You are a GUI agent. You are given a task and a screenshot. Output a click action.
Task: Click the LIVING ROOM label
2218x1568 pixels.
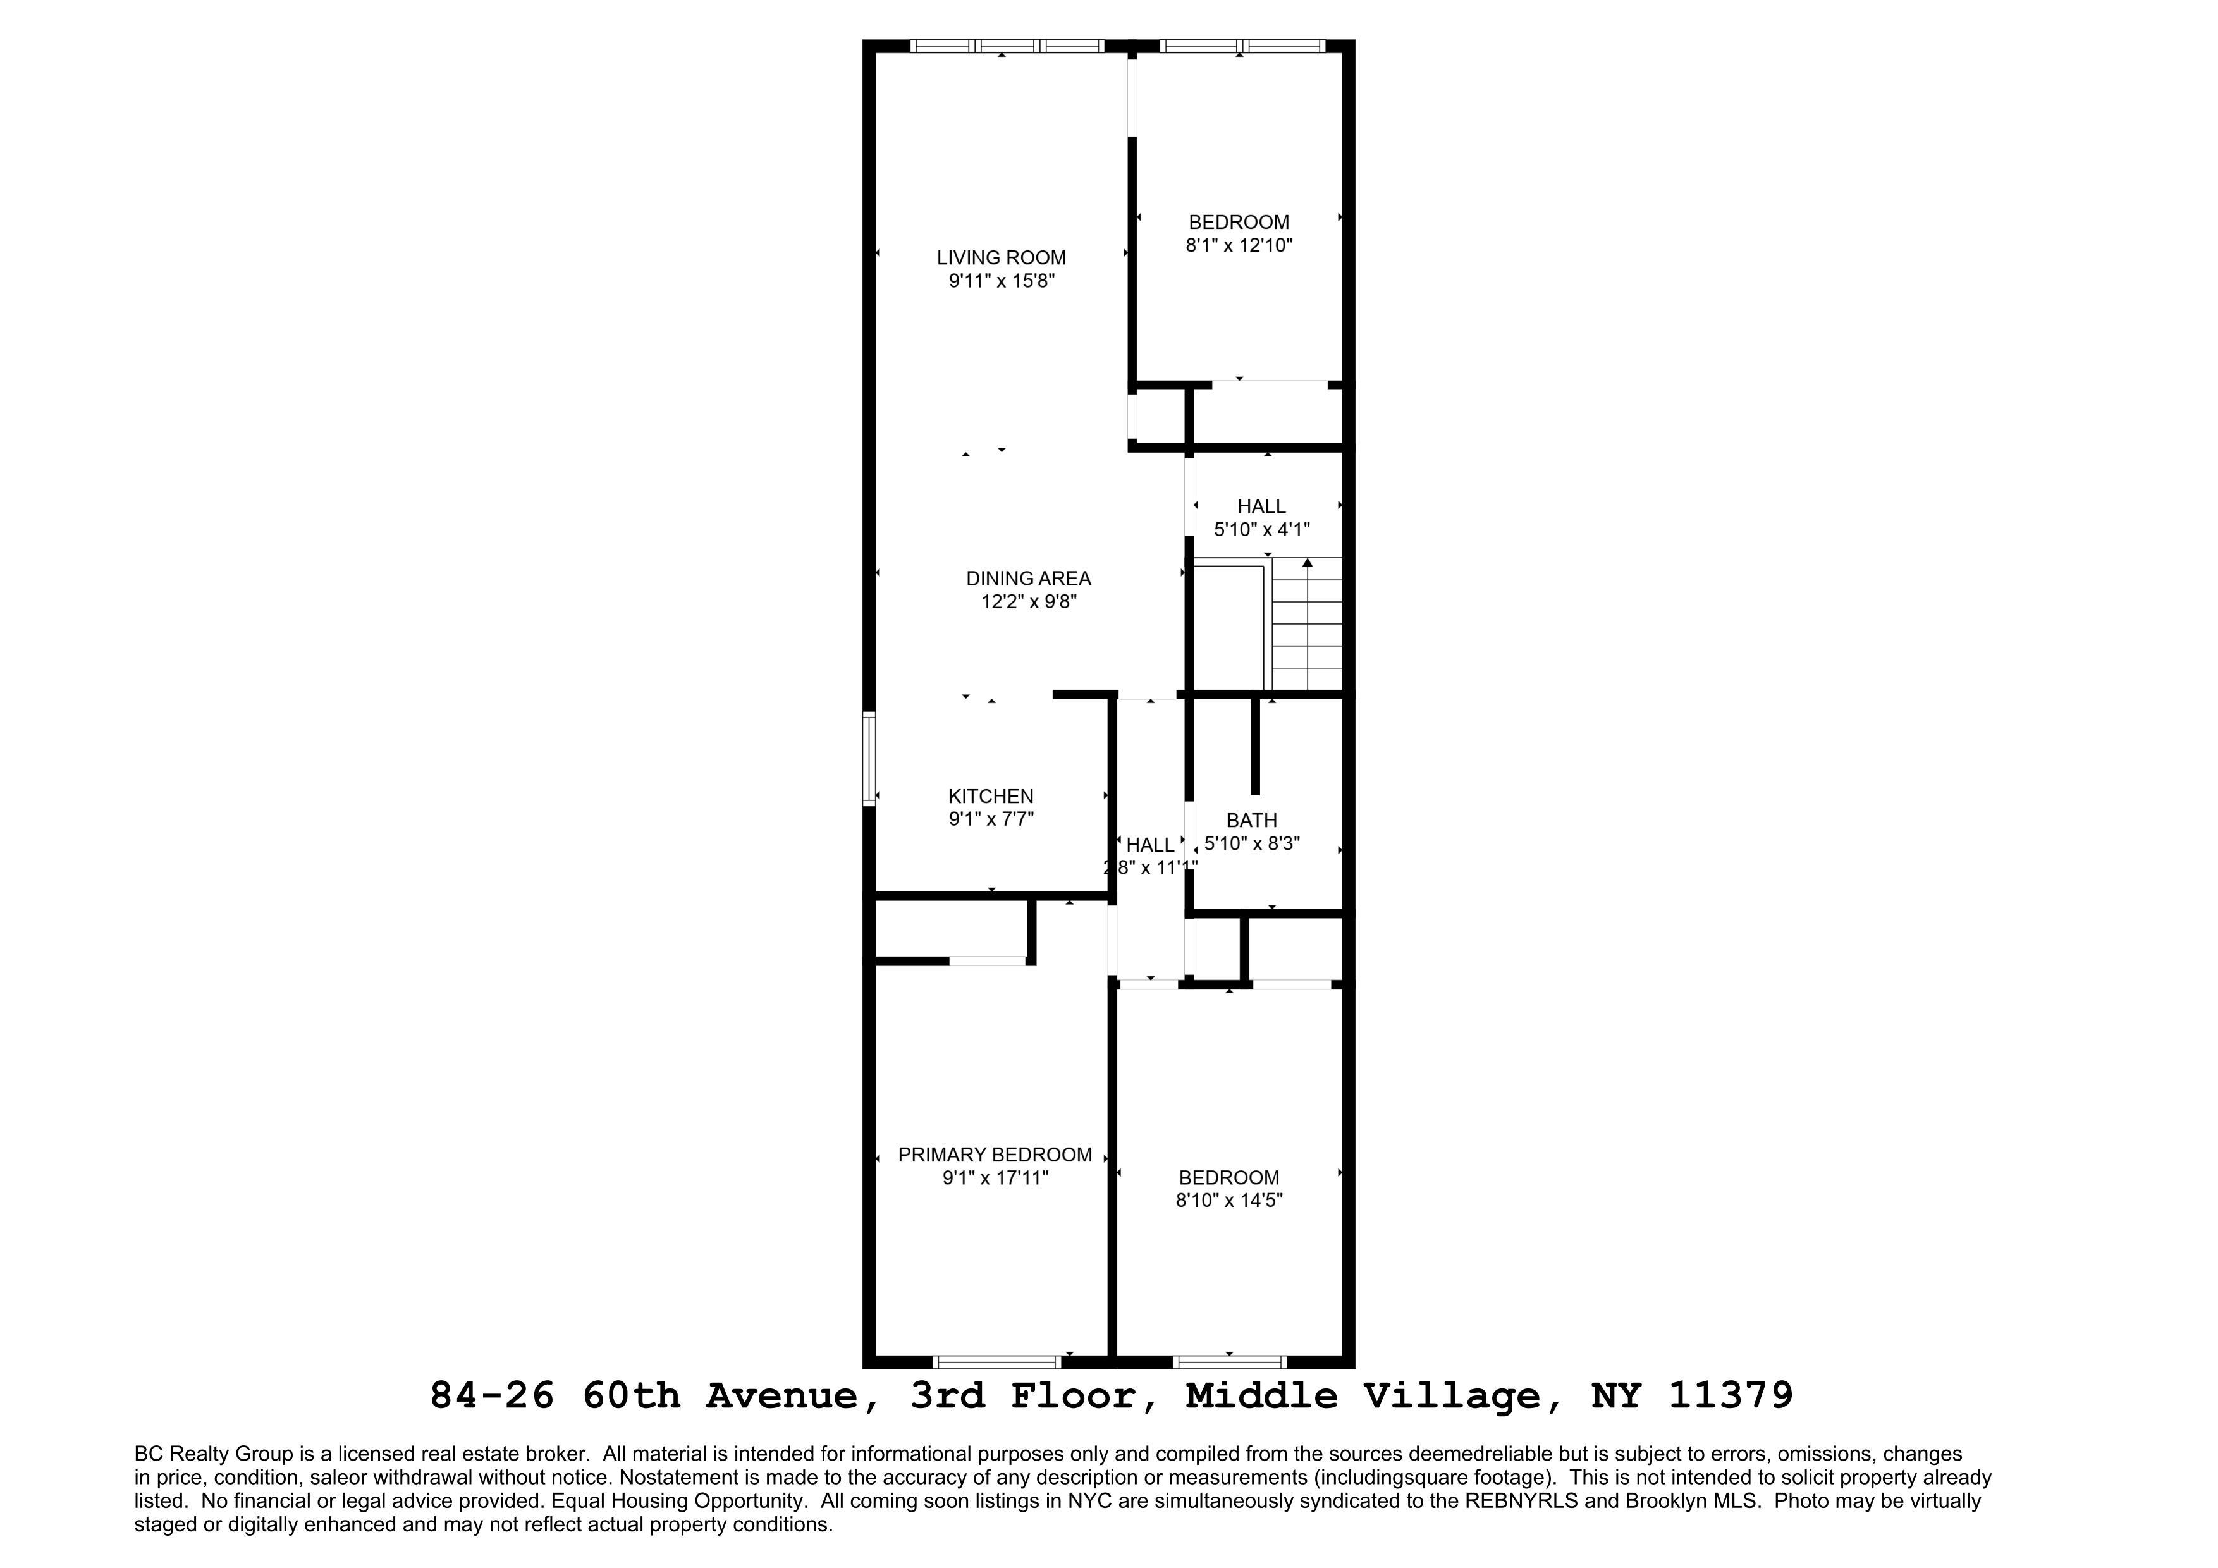1001,258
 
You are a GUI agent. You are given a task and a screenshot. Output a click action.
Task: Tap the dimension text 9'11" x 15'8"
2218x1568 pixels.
1001,281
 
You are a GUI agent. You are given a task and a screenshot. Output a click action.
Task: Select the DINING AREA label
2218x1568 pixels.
1028,579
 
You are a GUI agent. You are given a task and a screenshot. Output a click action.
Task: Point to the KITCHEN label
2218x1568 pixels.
990,796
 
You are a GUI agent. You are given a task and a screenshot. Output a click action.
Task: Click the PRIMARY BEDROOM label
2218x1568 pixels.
994,1155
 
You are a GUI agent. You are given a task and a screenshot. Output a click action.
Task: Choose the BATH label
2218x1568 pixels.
1251,820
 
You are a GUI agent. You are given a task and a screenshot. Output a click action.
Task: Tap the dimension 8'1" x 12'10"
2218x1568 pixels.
1239,245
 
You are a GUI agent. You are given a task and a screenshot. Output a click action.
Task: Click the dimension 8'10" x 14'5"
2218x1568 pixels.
1228,1201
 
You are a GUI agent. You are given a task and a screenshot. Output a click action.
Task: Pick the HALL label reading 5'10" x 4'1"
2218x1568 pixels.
1261,506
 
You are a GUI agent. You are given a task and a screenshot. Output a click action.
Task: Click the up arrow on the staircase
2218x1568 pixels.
1307,563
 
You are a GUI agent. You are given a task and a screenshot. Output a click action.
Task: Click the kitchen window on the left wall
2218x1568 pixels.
869,759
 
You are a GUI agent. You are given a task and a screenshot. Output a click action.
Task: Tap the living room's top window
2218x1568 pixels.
1007,46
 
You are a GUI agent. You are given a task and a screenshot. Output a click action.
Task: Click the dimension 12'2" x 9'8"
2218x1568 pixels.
1028,602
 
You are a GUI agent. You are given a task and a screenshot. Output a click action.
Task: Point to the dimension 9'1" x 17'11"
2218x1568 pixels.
994,1178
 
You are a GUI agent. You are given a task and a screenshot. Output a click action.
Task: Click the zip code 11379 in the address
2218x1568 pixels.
1730,1396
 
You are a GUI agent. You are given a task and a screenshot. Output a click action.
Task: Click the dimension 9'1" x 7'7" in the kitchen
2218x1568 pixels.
990,819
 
